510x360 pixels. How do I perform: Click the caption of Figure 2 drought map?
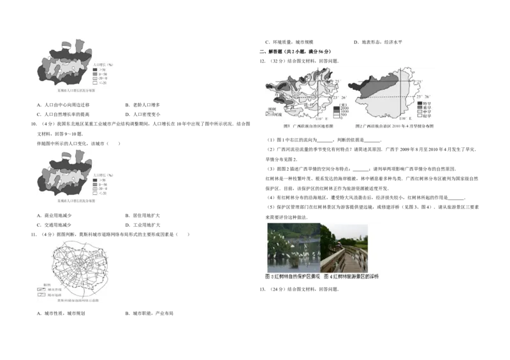(x=397, y=127)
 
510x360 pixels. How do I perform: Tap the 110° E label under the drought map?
(x=403, y=119)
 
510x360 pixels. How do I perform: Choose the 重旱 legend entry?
(x=427, y=107)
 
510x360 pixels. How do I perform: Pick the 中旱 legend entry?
(x=427, y=112)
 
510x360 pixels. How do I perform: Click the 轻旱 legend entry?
(x=427, y=116)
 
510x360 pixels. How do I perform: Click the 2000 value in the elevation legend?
(x=344, y=108)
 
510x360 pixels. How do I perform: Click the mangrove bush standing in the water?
(x=295, y=259)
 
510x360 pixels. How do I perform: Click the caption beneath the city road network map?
(x=74, y=301)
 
